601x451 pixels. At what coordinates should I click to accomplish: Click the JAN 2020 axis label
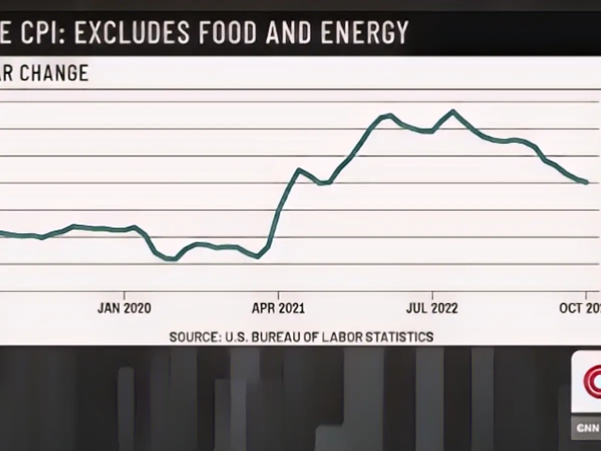pos(124,308)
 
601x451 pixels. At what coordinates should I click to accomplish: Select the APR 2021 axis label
pos(278,308)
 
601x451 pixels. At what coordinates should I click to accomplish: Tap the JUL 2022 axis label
pos(432,308)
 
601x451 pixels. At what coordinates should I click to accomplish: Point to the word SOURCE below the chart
pos(191,336)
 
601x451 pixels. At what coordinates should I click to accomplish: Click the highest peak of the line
pos(453,111)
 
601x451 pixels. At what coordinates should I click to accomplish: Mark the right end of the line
pos(586,182)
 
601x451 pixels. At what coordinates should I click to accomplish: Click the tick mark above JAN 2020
pos(124,294)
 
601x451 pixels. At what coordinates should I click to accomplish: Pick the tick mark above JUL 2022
pos(432,294)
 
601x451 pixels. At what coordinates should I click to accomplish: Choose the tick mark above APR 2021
pos(278,294)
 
